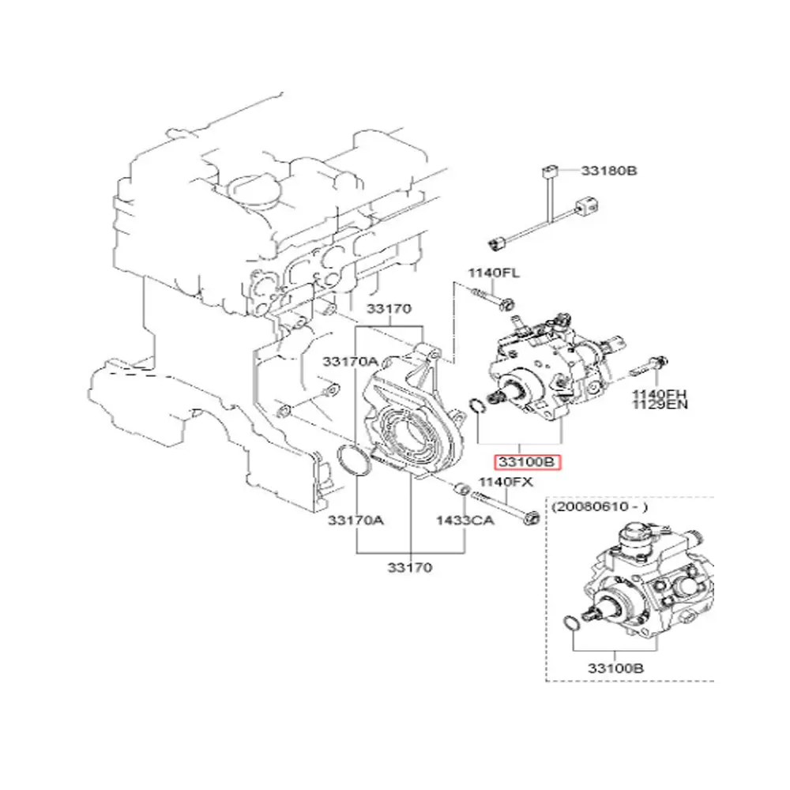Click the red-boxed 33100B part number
526,462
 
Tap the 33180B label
610,170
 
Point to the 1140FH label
659,393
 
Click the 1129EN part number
659,405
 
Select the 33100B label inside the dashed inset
615,668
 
